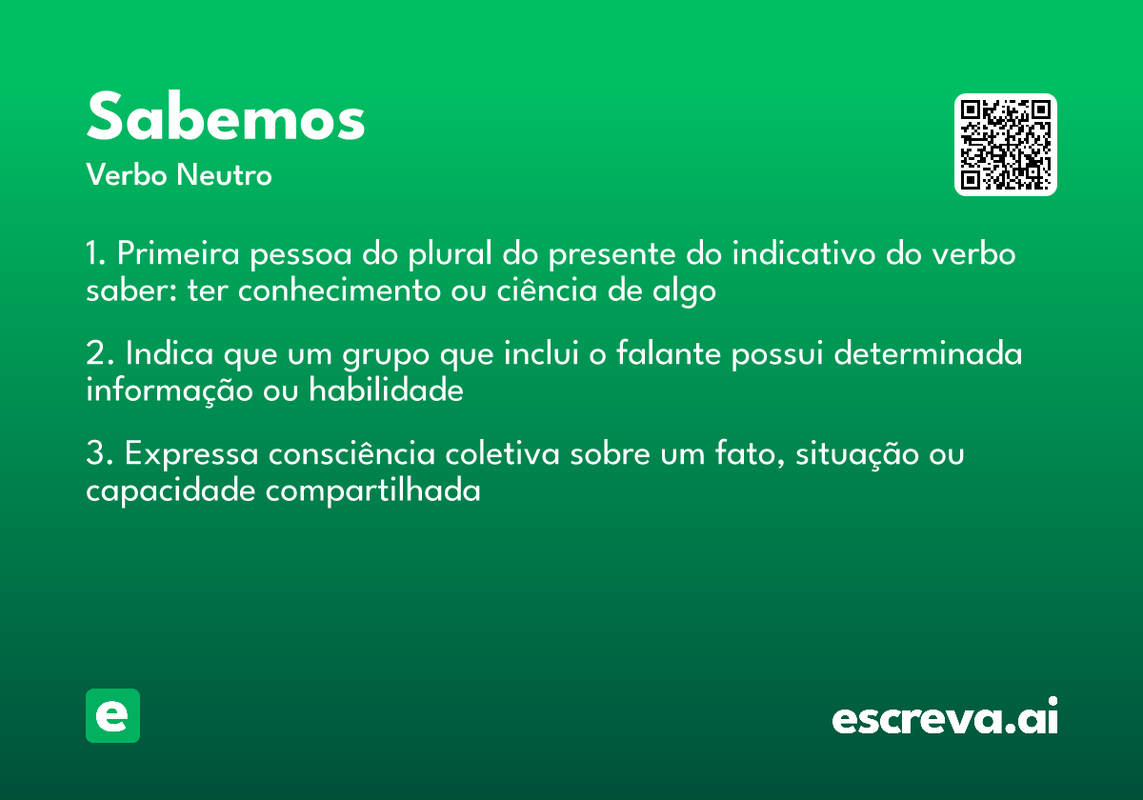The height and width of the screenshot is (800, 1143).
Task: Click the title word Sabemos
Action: pos(226,117)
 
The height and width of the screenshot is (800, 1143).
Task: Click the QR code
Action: pos(1006,145)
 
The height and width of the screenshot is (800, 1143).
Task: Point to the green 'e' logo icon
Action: pos(112,715)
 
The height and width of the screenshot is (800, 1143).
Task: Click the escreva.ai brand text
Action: pos(945,717)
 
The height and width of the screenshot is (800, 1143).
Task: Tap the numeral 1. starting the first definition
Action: pos(95,255)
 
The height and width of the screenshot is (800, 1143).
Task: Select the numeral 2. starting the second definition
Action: pos(97,354)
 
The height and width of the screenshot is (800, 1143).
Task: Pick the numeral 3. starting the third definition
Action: pos(97,454)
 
